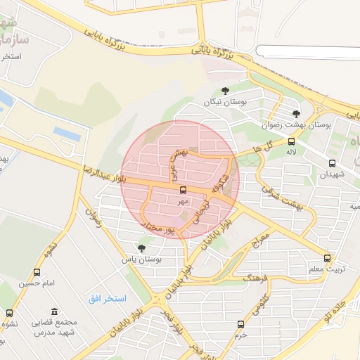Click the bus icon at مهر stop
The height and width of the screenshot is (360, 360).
(x=183, y=190)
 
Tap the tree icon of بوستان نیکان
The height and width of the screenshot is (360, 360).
(x=224, y=90)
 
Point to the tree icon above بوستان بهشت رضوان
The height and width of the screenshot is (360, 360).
(x=296, y=113)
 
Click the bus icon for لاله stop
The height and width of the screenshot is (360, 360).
(x=291, y=141)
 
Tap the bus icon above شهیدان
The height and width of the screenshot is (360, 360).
(x=332, y=163)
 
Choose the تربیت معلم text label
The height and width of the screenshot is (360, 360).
(x=326, y=269)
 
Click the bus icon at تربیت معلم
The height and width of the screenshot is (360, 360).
(x=327, y=258)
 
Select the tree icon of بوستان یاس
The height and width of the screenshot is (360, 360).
(x=141, y=248)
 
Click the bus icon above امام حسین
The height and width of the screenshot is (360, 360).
(x=37, y=272)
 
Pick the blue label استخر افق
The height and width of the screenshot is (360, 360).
(x=107, y=300)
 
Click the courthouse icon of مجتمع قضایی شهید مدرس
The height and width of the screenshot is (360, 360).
(x=54, y=312)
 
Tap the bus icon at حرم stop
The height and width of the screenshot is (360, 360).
(x=241, y=324)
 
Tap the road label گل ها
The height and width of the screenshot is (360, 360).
(x=252, y=150)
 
